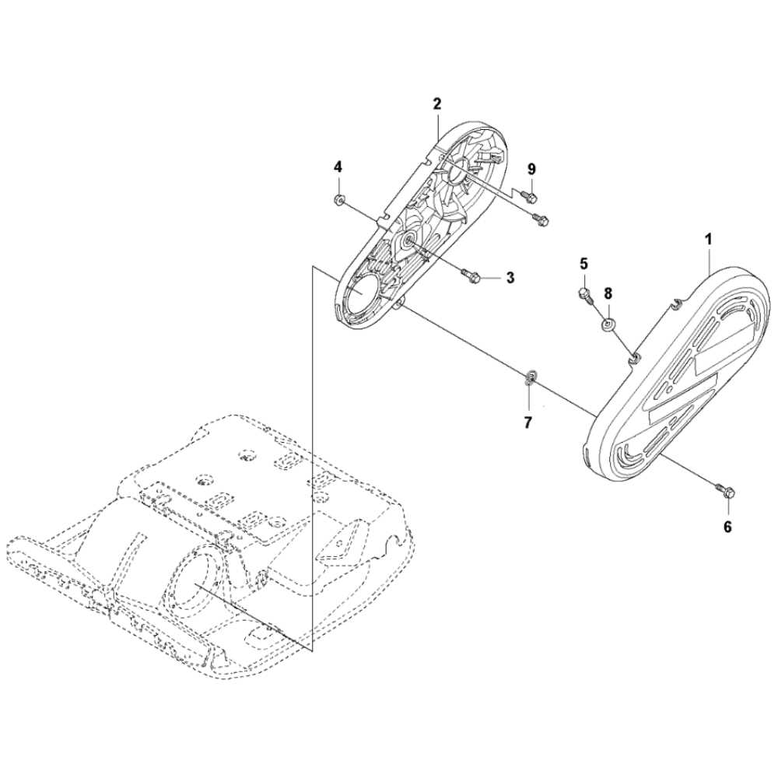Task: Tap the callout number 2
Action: pos(437,103)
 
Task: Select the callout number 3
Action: pos(510,277)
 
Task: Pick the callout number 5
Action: pos(583,264)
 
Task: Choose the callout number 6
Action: pos(727,527)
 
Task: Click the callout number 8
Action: pos(608,293)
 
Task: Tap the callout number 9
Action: pos(531,169)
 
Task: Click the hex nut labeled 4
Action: pos(338,201)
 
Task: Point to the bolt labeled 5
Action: pos(585,294)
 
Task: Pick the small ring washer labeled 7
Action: pos(530,378)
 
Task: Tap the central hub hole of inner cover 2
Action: pos(408,241)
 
